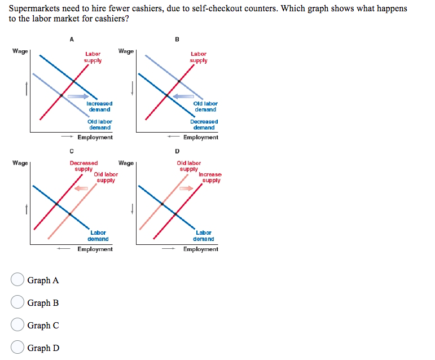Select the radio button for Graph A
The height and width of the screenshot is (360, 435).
(17, 279)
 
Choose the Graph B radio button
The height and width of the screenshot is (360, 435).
(17, 302)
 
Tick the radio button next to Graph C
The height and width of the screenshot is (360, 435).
(17, 324)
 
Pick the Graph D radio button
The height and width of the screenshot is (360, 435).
(17, 347)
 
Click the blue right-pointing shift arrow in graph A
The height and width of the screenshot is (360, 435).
(78, 96)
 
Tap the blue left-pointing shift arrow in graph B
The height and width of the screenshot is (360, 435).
(183, 96)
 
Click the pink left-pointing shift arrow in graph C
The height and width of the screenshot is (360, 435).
(81, 188)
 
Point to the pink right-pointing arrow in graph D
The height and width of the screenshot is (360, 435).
(186, 188)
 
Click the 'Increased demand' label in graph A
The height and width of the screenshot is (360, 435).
(99, 107)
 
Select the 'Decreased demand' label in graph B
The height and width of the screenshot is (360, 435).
(204, 125)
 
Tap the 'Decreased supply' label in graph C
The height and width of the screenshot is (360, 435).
(84, 166)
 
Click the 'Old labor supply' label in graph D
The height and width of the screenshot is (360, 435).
(188, 166)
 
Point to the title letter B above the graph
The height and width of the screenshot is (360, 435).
(177, 39)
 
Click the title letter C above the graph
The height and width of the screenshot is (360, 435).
(72, 151)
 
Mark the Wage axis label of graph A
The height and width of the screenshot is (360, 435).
(20, 51)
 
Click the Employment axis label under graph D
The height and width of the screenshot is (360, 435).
(201, 249)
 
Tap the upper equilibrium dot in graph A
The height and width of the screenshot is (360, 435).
(73, 81)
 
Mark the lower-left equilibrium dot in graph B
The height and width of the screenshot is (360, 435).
(167, 95)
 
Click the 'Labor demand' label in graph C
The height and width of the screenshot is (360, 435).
(98, 236)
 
